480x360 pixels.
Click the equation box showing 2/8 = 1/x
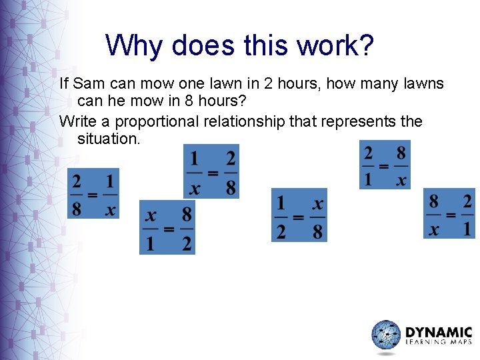pyautogui.click(x=93, y=193)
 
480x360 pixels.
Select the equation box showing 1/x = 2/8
pyautogui.click(x=211, y=172)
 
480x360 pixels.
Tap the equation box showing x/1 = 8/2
pyautogui.click(x=167, y=227)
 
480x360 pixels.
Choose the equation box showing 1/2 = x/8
pyautogui.click(x=299, y=215)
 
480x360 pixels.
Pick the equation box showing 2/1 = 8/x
pyautogui.click(x=385, y=164)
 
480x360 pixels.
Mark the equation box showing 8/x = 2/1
pyautogui.click(x=450, y=213)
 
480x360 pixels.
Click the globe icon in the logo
pyautogui.click(x=386, y=335)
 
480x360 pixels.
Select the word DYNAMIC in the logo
pyautogui.click(x=439, y=332)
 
